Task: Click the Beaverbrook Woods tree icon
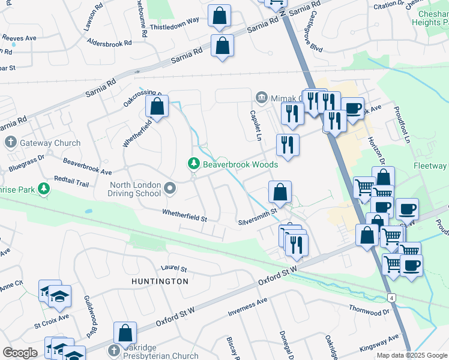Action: click(x=193, y=164)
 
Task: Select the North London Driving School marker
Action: click(x=170, y=189)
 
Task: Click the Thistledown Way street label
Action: click(x=175, y=20)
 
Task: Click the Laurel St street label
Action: click(x=174, y=268)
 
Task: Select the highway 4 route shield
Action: click(x=391, y=298)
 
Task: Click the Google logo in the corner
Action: click(x=20, y=353)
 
